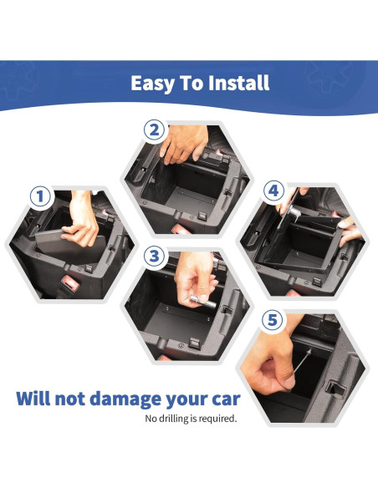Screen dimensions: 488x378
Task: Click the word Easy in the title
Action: (x=155, y=84)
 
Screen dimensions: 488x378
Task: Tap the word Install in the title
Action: (x=237, y=84)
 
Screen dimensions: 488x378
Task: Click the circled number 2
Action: (x=152, y=130)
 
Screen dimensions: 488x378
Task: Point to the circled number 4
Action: (x=272, y=191)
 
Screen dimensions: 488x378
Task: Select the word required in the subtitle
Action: (x=217, y=418)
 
